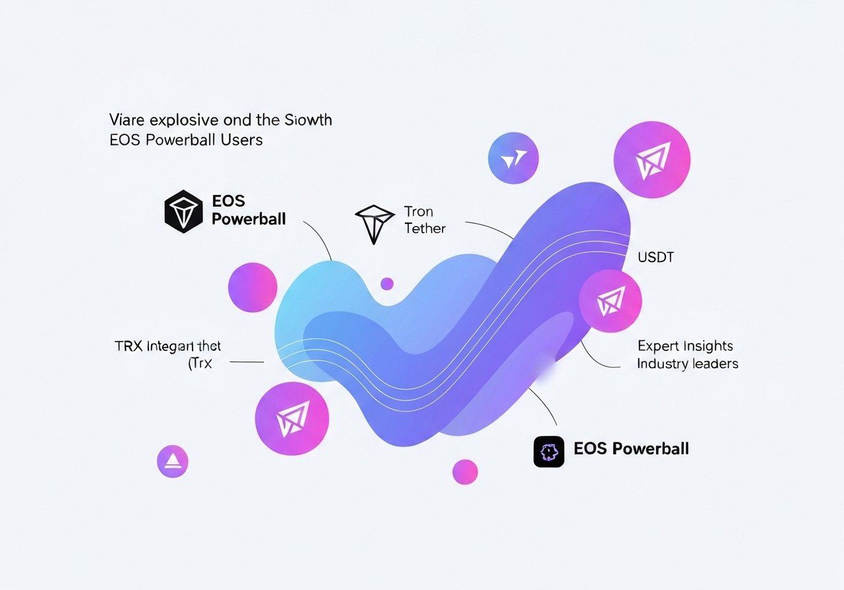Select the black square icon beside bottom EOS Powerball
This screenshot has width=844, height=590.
coord(549,452)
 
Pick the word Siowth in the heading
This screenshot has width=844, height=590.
coord(309,121)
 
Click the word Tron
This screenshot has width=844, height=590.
coord(419,212)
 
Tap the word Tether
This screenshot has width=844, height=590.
coord(425,228)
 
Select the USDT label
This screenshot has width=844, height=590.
coord(655,257)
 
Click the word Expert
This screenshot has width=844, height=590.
coord(660,346)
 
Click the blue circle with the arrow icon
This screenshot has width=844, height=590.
coord(513,158)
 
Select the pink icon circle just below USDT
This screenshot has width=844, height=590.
coord(610,301)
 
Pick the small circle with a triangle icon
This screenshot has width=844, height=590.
coord(173,462)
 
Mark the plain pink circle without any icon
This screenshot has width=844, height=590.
coord(252,287)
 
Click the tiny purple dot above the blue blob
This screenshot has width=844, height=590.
coord(387,284)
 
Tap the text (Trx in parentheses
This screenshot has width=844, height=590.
coord(200,362)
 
